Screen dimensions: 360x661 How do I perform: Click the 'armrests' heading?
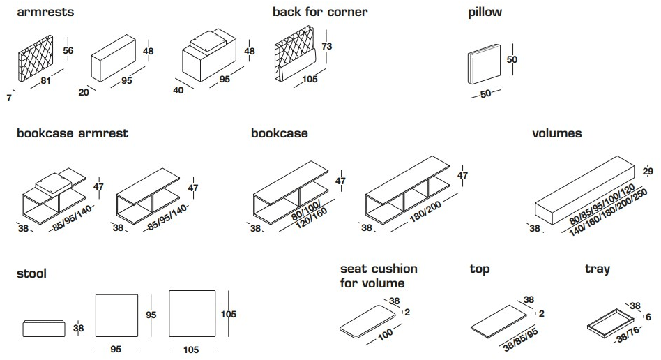click(x=45, y=12)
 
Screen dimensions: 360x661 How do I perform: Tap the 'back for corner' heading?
click(x=320, y=12)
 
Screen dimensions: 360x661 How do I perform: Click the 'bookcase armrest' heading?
click(x=73, y=133)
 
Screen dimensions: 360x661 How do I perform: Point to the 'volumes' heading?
click(x=556, y=133)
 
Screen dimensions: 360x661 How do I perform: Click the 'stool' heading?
click(x=32, y=273)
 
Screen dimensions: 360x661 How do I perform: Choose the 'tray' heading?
click(x=597, y=269)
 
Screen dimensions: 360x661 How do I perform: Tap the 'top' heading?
click(x=480, y=269)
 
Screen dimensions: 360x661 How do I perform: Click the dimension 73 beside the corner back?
click(x=328, y=47)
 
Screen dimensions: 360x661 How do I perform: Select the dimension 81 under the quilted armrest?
click(x=47, y=81)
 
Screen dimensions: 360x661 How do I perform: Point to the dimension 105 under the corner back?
click(x=310, y=79)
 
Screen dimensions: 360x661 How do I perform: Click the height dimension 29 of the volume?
click(x=647, y=172)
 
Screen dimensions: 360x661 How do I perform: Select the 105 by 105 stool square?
click(x=192, y=313)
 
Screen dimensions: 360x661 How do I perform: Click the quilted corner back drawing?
click(x=296, y=53)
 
